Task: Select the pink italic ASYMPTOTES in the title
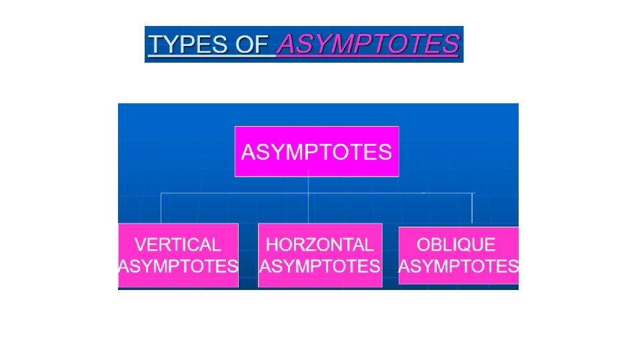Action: point(368,45)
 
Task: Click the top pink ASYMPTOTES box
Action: point(317,152)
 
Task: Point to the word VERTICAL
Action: point(177,245)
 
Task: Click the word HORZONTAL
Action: point(320,245)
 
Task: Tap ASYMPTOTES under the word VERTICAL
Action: point(178,267)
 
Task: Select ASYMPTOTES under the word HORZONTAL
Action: point(320,267)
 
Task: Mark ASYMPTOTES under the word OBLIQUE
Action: point(459,267)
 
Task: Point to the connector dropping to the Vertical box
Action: point(161,208)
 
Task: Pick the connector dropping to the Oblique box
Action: point(472,208)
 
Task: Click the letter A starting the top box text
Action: point(248,153)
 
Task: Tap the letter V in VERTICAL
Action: point(140,245)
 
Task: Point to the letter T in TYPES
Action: point(157,45)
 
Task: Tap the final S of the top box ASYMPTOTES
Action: point(385,153)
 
